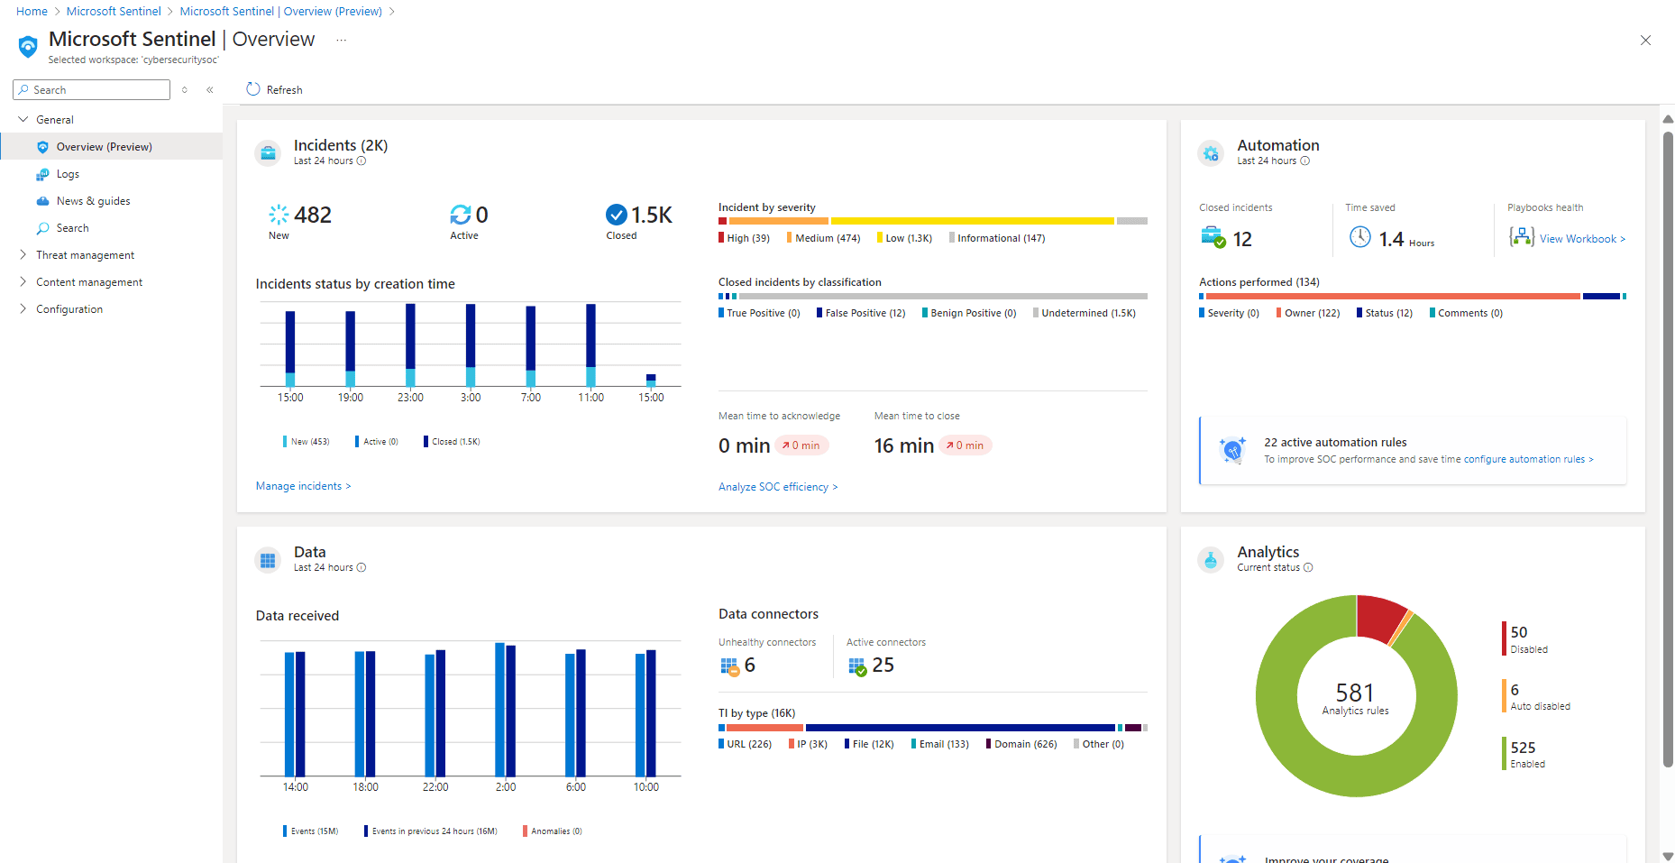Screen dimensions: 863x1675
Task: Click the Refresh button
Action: click(274, 89)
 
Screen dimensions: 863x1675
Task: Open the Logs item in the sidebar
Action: click(67, 174)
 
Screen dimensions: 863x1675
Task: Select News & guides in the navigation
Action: click(92, 201)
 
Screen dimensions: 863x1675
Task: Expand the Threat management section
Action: click(85, 255)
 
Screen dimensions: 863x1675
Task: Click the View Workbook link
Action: click(1581, 239)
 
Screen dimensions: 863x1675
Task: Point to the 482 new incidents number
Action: click(312, 215)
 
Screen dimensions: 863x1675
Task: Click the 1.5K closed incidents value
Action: click(651, 215)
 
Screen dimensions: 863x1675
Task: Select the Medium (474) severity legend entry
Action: click(827, 238)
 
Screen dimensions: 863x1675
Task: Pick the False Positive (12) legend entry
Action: click(864, 313)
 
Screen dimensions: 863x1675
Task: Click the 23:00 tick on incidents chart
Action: click(410, 397)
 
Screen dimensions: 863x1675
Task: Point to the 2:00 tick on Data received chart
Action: click(506, 786)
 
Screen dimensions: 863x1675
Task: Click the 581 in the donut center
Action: click(1355, 693)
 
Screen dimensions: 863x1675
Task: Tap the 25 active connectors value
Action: click(883, 665)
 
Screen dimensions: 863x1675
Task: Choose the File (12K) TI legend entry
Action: click(872, 744)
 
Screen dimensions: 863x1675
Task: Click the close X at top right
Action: click(1645, 41)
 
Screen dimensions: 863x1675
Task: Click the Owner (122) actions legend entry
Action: click(1311, 313)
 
